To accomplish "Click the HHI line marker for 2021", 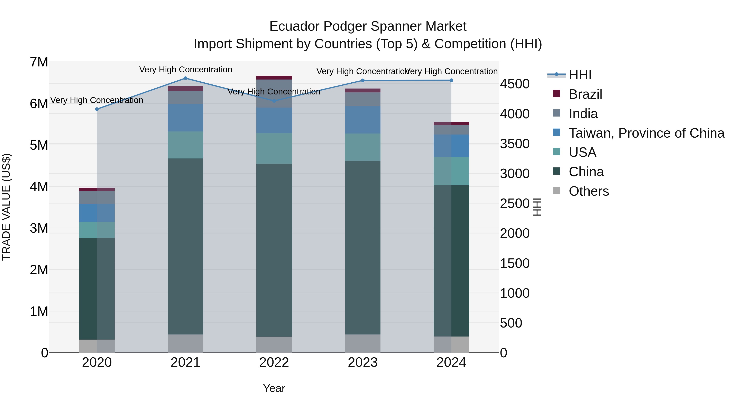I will pyautogui.click(x=185, y=78).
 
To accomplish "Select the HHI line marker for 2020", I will pyautogui.click(x=97, y=109).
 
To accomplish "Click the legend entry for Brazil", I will pyautogui.click(x=585, y=94).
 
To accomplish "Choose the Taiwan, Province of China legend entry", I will pyautogui.click(x=646, y=133).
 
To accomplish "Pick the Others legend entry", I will pyautogui.click(x=589, y=191).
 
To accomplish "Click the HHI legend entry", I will pyautogui.click(x=580, y=75).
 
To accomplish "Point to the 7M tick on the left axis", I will pyautogui.click(x=39, y=62).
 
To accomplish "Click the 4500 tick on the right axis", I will pyautogui.click(x=515, y=84).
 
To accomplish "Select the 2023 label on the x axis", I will pyautogui.click(x=362, y=362).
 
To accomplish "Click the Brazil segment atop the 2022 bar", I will pyautogui.click(x=274, y=78).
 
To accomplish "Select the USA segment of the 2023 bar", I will pyautogui.click(x=362, y=147).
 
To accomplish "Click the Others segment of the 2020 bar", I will pyautogui.click(x=97, y=346).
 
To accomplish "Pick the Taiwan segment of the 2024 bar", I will pyautogui.click(x=451, y=146).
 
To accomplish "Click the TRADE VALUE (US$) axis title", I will pyautogui.click(x=6, y=207).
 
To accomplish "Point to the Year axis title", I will pyautogui.click(x=274, y=388).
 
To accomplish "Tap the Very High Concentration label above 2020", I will pyautogui.click(x=97, y=100).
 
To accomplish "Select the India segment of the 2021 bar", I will pyautogui.click(x=185, y=98).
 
